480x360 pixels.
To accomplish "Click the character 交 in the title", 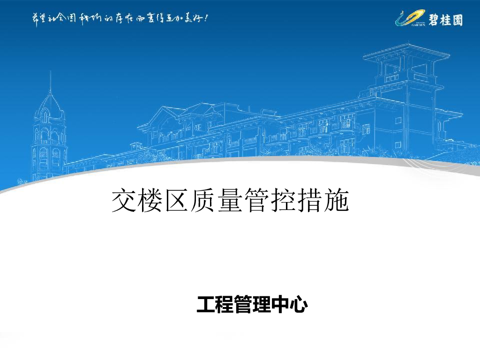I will [125, 201].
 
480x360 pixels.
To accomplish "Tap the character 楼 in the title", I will [151, 201].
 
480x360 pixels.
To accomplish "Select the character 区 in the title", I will [178, 201].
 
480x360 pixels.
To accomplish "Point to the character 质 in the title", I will [204, 201].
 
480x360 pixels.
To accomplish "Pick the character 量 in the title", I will [231, 201].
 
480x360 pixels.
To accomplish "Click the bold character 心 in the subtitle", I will [299, 305].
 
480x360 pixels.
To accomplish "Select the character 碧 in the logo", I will [433, 20].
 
